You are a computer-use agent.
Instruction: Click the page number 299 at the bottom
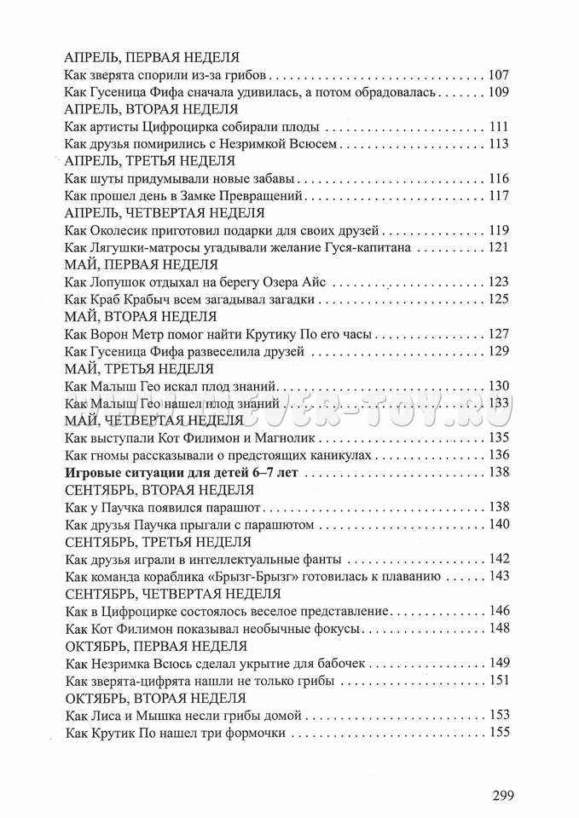point(504,796)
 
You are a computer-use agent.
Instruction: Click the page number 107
point(499,75)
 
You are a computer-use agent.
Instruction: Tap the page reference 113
point(499,144)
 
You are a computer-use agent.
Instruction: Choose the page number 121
point(499,247)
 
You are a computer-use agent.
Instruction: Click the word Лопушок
point(118,282)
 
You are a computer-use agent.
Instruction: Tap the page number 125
point(499,299)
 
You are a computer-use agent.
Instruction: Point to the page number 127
point(499,333)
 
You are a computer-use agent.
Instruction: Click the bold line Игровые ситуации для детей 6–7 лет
point(181,471)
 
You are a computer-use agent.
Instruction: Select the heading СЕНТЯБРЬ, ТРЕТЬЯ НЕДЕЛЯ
point(158,540)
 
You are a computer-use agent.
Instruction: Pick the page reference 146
point(499,609)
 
